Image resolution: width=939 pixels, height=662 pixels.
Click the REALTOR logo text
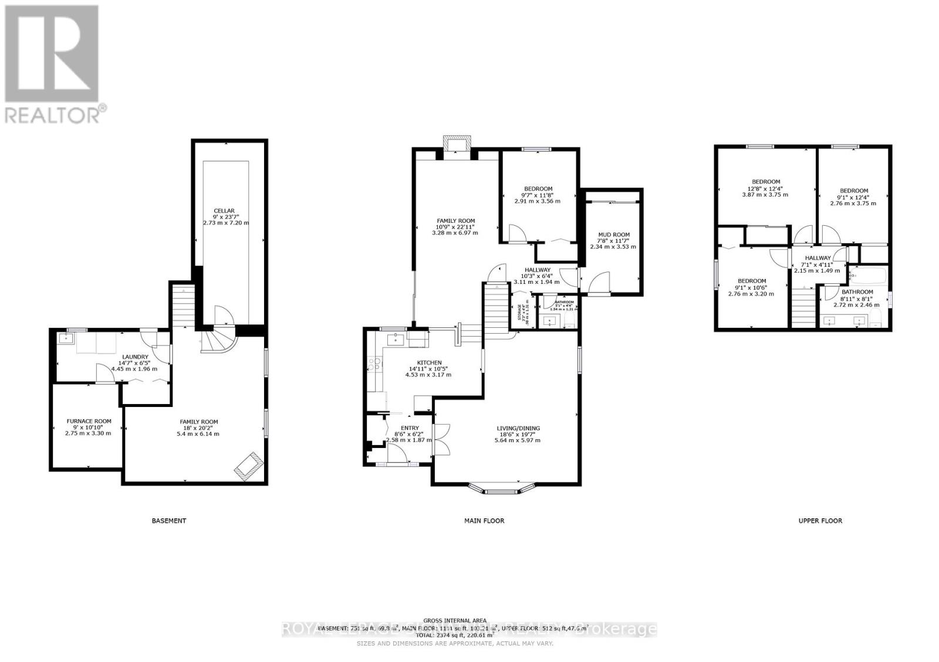point(56,113)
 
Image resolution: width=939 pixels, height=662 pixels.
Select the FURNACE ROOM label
point(89,421)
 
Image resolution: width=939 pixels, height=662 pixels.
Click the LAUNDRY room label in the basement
point(135,357)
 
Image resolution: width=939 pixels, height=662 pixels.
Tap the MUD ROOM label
point(613,235)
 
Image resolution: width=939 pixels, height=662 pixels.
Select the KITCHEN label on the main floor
point(429,362)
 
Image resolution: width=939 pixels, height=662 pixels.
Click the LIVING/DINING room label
point(518,428)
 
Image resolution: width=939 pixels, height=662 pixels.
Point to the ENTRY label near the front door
point(410,428)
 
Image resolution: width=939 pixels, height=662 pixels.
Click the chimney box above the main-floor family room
point(457,144)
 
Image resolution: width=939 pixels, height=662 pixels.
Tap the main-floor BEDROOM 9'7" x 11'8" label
point(538,189)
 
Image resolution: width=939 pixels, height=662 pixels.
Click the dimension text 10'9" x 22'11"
point(455,226)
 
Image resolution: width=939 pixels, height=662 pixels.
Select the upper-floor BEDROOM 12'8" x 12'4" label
point(766,182)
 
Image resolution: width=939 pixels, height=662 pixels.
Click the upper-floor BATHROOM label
point(857,291)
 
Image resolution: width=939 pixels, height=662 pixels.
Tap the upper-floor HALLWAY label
point(818,258)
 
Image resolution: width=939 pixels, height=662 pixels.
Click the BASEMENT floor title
point(169,520)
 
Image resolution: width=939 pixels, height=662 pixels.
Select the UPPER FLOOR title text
point(820,520)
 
